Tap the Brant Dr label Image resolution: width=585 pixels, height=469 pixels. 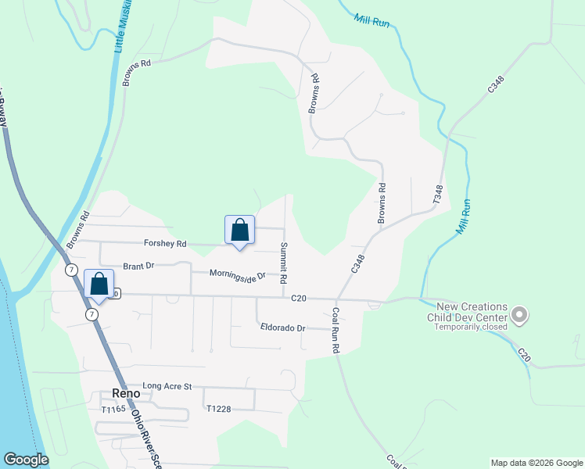point(138,266)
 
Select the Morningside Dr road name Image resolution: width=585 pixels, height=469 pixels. point(238,274)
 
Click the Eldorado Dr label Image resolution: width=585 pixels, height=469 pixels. point(282,328)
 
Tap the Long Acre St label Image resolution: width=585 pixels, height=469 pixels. point(167,386)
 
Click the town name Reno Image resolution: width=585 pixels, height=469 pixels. point(125,393)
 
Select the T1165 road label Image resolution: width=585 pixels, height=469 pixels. point(113,410)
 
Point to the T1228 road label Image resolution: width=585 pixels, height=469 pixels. point(220,409)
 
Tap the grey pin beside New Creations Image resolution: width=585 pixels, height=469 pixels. point(519,315)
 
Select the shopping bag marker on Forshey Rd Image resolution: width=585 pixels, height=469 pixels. point(240,231)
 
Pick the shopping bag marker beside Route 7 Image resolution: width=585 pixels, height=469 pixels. point(99,285)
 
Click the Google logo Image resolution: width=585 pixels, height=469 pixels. point(26,460)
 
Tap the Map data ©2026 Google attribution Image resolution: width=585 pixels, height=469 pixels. point(536,463)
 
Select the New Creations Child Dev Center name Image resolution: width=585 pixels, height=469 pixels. point(467,313)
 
